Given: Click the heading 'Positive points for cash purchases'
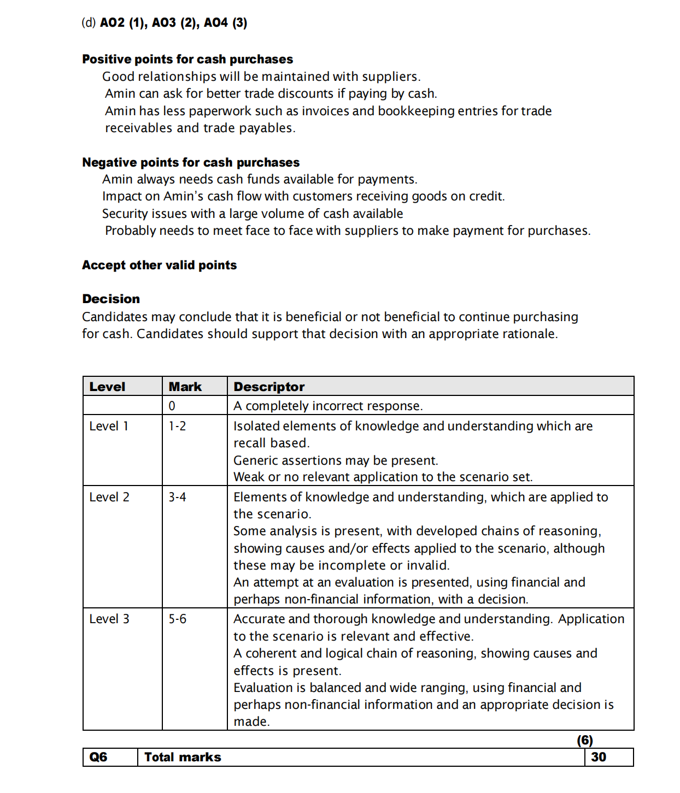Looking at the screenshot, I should tap(187, 59).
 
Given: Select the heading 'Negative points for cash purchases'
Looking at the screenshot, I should tap(191, 162).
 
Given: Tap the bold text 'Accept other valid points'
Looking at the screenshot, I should tap(159, 265).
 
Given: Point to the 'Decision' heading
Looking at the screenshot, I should tap(111, 299).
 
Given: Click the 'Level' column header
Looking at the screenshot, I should tap(107, 387).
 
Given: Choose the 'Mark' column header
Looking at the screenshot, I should tap(185, 387).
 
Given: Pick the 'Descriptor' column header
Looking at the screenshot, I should tap(269, 387).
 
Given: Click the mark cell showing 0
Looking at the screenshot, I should tap(172, 406).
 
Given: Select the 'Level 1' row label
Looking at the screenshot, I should tap(109, 426).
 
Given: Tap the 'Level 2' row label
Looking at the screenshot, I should tap(109, 497).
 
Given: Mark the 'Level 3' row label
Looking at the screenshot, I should tap(109, 619).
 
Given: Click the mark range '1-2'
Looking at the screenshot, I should tap(177, 426).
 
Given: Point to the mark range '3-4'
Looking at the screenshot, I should tap(177, 497).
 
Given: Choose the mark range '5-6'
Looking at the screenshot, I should tap(177, 619).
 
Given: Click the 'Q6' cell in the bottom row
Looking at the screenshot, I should tap(98, 757).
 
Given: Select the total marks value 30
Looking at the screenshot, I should tap(599, 757).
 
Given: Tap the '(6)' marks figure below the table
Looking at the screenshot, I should tap(585, 740).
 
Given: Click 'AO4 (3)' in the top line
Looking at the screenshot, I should tap(225, 22).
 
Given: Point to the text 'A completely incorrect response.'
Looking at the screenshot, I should tap(328, 406).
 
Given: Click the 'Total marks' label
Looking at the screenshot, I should tap(183, 757).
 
